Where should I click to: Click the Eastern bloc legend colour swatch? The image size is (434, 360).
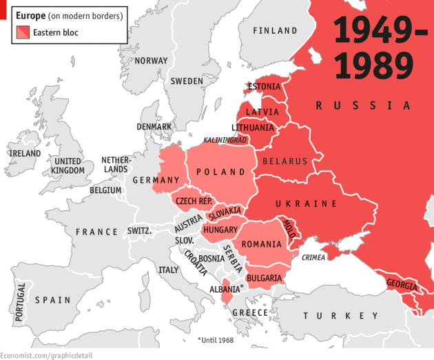[x=23, y=32]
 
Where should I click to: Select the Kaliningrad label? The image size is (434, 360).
[x=225, y=140]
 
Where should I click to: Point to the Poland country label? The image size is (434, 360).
[x=220, y=172]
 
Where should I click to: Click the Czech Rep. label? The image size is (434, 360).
[x=194, y=201]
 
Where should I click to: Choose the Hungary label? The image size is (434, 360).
[x=220, y=230]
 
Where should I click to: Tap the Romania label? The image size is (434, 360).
[x=261, y=244]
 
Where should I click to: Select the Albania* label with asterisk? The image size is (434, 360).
[x=227, y=288]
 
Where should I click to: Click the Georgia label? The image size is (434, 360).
[x=401, y=284]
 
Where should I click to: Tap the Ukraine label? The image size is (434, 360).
[x=306, y=204]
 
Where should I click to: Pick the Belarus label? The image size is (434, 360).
[x=285, y=161]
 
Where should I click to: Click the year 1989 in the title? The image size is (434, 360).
[x=373, y=63]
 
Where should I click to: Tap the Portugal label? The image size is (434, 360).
[x=21, y=300]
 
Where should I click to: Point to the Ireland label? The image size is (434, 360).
[x=25, y=153]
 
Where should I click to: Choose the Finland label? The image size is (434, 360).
[x=275, y=31]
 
